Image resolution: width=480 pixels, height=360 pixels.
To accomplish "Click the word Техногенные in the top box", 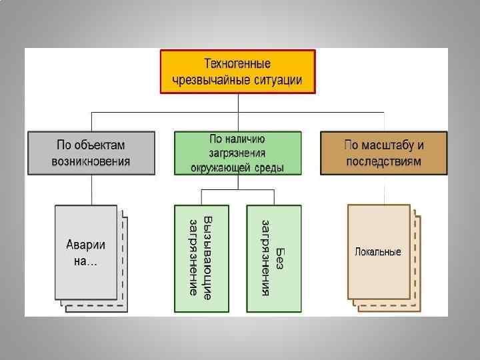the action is point(237,64).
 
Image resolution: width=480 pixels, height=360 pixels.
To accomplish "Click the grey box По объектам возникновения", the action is point(91,153).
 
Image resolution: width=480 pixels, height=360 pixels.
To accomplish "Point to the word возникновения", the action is point(91,161).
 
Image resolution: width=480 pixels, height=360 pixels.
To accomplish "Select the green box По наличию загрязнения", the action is point(237,153).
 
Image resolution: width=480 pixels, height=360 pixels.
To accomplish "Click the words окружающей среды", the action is point(237,167).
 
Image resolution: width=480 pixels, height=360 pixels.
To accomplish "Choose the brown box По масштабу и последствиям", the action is point(383,153).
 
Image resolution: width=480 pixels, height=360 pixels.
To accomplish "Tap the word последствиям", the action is point(383,161).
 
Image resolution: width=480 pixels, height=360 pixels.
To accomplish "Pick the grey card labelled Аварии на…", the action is point(85,253).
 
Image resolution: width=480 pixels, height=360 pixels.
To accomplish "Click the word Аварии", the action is point(85,245).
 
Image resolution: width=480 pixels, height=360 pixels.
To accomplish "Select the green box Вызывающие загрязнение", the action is point(201,259).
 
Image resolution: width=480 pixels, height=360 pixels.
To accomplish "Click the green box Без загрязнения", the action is point(273,259).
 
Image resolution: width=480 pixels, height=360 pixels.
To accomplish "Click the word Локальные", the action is point(377,252).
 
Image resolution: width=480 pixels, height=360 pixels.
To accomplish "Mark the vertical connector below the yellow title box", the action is point(237,103).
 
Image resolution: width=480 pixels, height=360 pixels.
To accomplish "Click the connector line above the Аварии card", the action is point(91,190).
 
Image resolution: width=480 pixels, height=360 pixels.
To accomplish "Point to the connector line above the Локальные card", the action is point(384,189).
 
